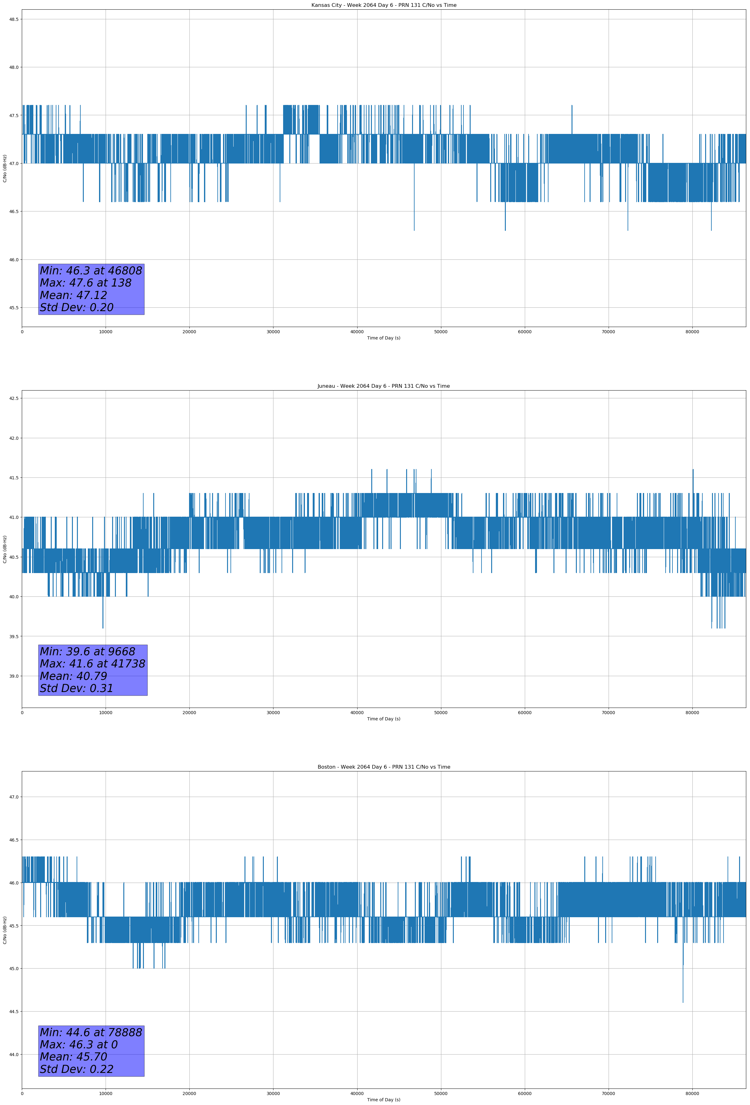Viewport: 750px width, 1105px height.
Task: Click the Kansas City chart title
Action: [x=383, y=5]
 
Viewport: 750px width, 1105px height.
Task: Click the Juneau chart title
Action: [x=383, y=386]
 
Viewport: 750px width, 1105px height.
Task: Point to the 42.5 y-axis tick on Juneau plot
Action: [x=13, y=398]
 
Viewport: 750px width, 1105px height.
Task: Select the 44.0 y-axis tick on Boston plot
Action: [x=13, y=1055]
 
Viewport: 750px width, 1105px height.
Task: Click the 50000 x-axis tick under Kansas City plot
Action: [x=440, y=332]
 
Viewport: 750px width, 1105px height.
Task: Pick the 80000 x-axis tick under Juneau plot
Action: [x=692, y=713]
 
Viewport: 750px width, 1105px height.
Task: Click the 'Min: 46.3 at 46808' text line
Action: [x=91, y=271]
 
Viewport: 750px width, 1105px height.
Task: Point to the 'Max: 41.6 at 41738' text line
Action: [x=92, y=664]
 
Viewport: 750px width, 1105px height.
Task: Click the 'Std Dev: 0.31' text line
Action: [x=77, y=689]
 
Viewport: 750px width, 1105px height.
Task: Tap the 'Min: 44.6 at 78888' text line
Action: [x=91, y=1032]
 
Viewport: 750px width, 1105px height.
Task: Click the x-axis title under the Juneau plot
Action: [x=383, y=719]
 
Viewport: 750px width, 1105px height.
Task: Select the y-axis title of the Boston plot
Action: [x=5, y=930]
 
